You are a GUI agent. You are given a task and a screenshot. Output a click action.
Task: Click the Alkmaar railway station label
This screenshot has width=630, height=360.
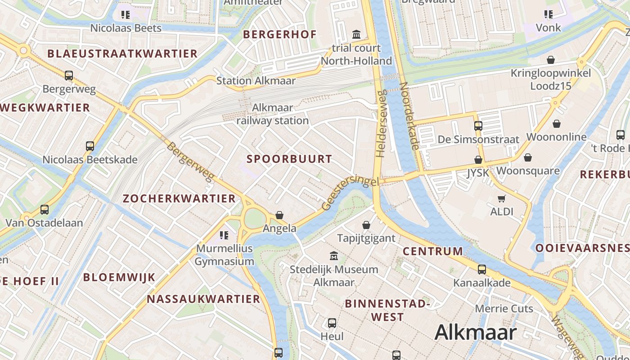[x=273, y=114]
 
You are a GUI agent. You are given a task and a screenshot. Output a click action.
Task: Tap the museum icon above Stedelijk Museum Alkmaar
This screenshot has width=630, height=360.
[x=334, y=256]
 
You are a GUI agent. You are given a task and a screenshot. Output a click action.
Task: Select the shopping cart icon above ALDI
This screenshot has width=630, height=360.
[x=502, y=198]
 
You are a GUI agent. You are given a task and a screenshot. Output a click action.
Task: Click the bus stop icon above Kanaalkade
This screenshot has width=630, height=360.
[x=482, y=270]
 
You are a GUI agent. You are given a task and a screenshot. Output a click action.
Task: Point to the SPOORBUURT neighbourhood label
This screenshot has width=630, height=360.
[x=289, y=159]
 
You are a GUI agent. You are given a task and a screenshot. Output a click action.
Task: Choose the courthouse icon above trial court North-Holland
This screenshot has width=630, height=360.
[x=356, y=34]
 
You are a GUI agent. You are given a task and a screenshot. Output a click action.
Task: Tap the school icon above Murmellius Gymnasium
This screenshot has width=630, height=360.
[x=224, y=235]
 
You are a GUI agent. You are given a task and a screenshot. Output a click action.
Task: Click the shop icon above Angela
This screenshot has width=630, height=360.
[x=279, y=215]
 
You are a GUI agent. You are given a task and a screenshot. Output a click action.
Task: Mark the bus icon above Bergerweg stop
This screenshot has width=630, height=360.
[x=69, y=75]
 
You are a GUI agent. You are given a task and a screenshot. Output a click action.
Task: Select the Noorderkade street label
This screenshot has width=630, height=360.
[x=409, y=116]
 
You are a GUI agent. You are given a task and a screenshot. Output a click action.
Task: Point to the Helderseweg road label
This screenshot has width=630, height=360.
[x=381, y=124]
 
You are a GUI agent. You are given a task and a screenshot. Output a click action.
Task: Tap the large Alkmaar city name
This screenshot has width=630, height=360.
[x=475, y=333]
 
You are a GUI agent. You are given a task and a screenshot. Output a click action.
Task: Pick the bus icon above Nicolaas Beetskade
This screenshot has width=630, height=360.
[x=90, y=146]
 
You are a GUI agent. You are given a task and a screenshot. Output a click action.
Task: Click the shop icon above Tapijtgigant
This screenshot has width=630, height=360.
[x=366, y=225]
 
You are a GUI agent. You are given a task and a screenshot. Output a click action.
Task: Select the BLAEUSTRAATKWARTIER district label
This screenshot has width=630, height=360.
[x=122, y=54]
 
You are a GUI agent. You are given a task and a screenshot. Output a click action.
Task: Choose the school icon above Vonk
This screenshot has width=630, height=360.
[x=548, y=14]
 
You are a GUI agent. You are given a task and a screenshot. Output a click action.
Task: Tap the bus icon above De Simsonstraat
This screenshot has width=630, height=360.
[x=478, y=126]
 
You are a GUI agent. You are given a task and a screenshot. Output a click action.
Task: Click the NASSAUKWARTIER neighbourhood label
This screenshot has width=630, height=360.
[x=203, y=299]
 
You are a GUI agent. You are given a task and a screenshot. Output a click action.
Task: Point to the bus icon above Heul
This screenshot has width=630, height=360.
[x=332, y=323]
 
